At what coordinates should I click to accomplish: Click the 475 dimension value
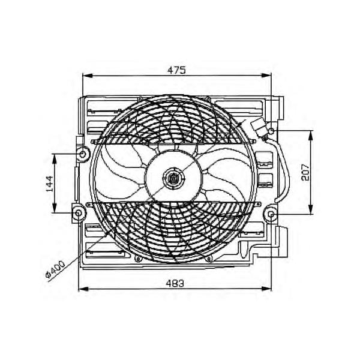tap(176, 70)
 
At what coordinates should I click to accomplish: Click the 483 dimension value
tap(175, 284)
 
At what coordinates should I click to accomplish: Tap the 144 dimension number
tap(49, 184)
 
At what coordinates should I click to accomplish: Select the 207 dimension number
tap(305, 172)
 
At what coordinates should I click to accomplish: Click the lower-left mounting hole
tap(78, 213)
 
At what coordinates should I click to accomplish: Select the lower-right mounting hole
tap(271, 214)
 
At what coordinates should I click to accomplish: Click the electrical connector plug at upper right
tap(258, 129)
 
